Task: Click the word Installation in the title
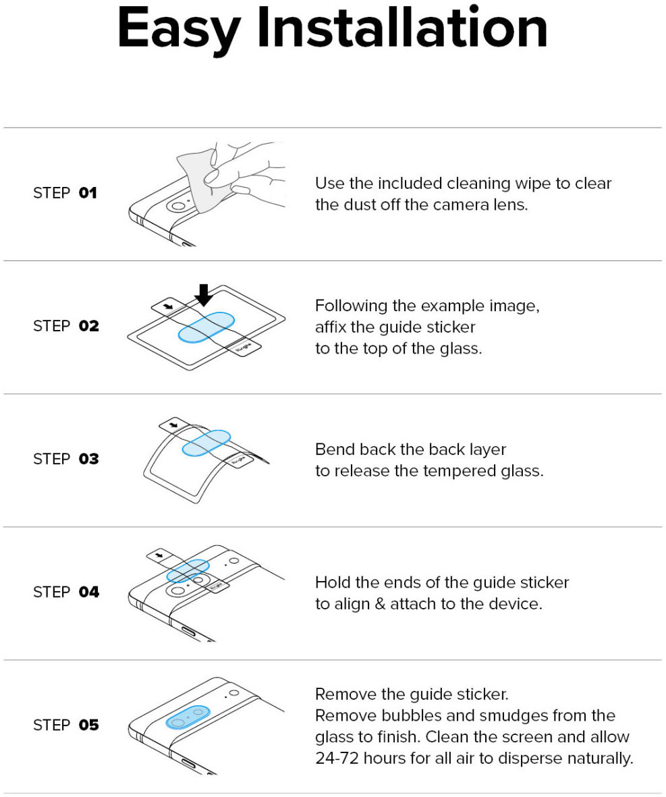tap(403, 28)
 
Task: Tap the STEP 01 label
tap(65, 193)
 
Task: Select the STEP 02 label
tap(66, 326)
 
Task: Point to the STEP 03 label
tap(66, 459)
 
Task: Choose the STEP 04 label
tap(66, 592)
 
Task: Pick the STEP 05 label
tap(66, 725)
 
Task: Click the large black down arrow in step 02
tap(203, 295)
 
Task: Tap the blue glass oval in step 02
tap(206, 327)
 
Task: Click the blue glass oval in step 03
tap(206, 443)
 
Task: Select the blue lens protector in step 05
tap(188, 717)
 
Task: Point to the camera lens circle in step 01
tap(178, 206)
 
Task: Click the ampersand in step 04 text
tap(380, 604)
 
